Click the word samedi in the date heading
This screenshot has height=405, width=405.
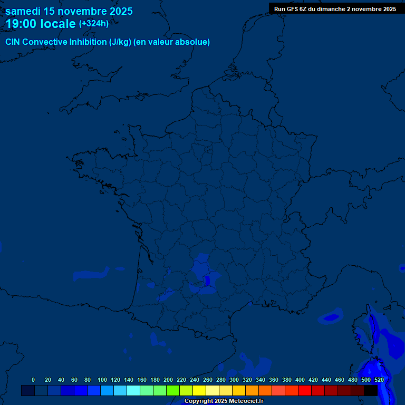tap(24, 11)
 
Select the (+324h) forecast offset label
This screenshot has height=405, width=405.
tap(94, 23)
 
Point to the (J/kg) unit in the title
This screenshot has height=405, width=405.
tap(117, 42)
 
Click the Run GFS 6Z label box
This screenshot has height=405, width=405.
tap(335, 9)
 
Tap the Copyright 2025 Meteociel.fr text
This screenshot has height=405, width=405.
tap(224, 401)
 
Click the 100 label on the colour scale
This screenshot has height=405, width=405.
tap(102, 380)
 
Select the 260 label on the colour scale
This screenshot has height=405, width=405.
tap(208, 380)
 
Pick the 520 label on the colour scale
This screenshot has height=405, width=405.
tap(379, 380)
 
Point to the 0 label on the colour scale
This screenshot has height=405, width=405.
tap(33, 380)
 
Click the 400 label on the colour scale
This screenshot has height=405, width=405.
tap(300, 380)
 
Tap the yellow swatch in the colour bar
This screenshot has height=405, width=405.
tap(199, 391)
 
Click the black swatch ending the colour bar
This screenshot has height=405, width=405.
tap(371, 391)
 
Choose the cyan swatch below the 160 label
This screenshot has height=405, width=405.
tap(133, 391)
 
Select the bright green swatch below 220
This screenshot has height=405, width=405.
tap(173, 391)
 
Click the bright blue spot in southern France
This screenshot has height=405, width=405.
tap(208, 280)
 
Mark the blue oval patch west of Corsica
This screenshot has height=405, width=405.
tap(331, 317)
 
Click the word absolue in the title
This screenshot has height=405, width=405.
tap(192, 42)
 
